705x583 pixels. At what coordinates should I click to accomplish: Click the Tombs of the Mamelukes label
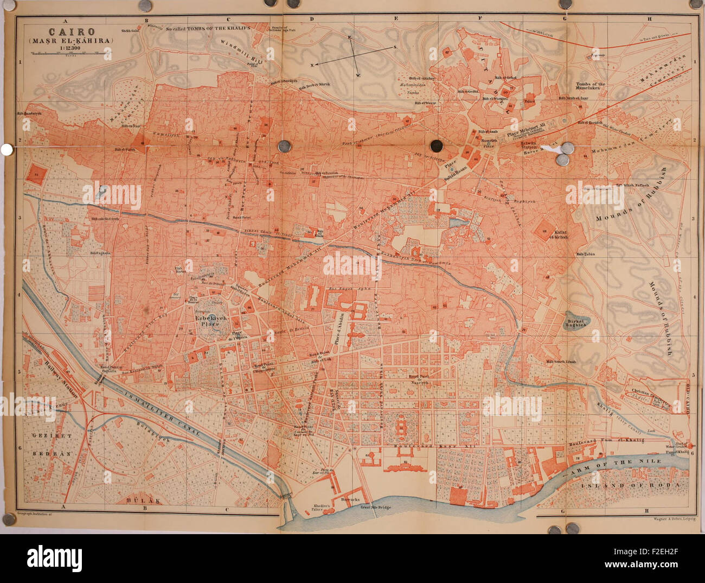tap(591, 87)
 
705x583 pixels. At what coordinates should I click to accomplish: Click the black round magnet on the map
tap(435, 145)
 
